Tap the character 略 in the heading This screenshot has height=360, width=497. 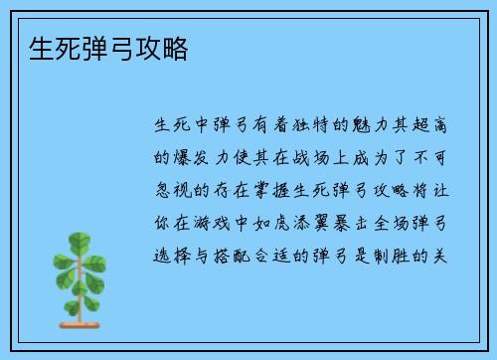[x=174, y=49]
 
